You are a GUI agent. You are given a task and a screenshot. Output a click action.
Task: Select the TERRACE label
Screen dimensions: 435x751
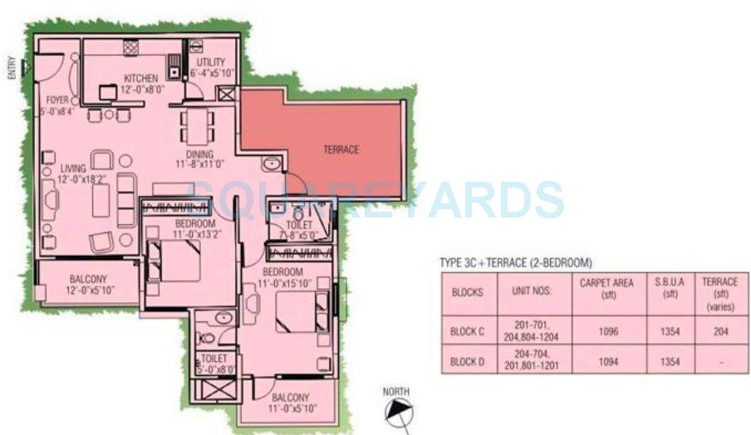pyautogui.click(x=341, y=149)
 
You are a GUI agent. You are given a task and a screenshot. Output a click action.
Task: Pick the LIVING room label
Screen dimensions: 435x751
pyautogui.click(x=72, y=169)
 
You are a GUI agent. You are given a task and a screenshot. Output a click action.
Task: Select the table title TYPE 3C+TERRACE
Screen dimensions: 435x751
pyautogui.click(x=515, y=263)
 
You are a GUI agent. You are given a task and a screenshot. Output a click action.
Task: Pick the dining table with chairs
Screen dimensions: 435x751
pyautogui.click(x=196, y=127)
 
